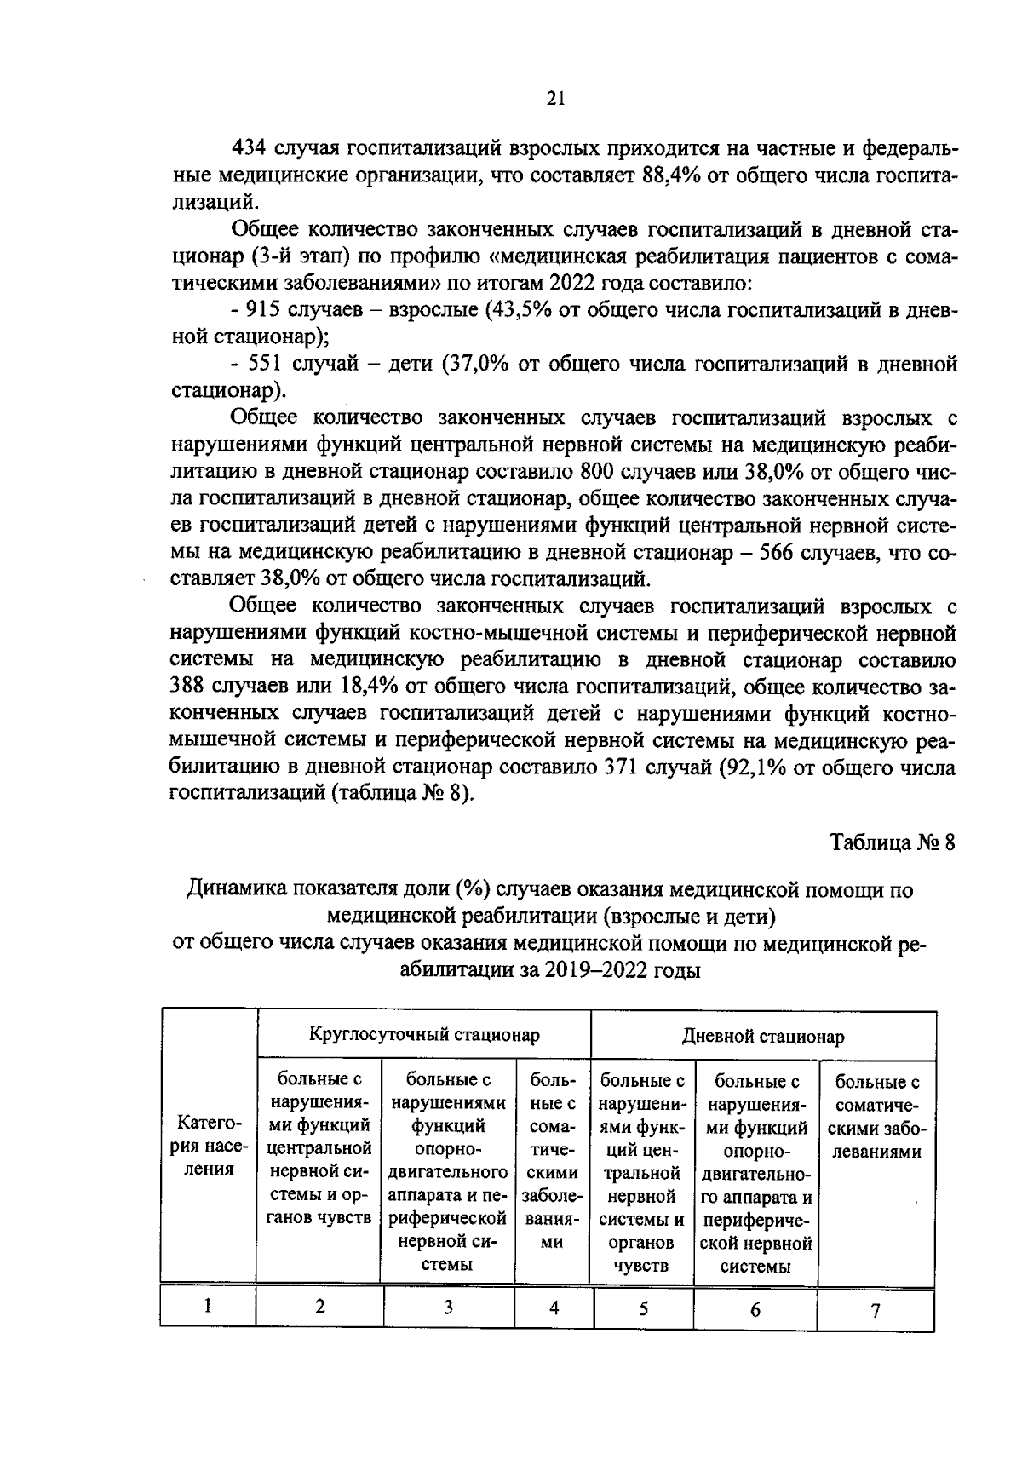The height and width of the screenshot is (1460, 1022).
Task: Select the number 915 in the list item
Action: click(x=263, y=310)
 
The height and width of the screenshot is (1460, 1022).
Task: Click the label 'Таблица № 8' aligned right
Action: click(x=893, y=843)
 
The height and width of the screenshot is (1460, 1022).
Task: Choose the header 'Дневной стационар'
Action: click(x=762, y=1037)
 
